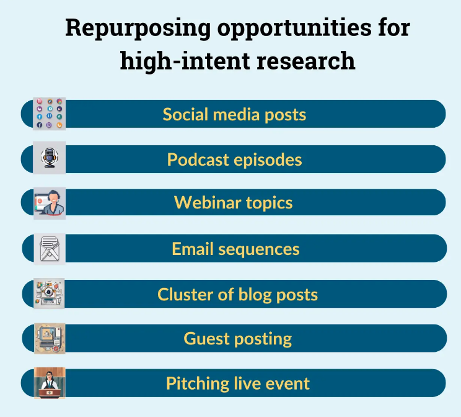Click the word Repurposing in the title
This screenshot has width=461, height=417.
pos(138,29)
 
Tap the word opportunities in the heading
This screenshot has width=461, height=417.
pos(294,29)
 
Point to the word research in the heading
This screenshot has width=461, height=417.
pos(305,61)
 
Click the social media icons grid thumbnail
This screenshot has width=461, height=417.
pos(49,114)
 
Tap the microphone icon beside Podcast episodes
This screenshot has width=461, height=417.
pos(49,158)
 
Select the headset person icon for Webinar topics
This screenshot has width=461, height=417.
pos(49,203)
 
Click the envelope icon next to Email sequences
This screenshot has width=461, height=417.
pos(50,249)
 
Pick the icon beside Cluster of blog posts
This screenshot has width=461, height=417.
pos(49,294)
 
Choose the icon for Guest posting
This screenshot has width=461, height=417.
pos(50,338)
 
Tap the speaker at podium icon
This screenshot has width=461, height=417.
pos(50,383)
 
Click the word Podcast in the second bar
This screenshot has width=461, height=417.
pos(198,160)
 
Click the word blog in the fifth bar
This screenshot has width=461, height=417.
pos(255,295)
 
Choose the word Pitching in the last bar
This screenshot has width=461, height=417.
pos(197,384)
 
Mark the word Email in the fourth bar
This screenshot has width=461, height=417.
pos(193,249)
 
